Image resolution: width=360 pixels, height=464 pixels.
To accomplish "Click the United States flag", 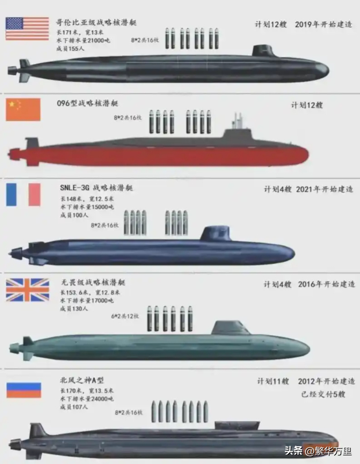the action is [x=27, y=29].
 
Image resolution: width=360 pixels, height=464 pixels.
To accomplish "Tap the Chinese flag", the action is [x=23, y=109].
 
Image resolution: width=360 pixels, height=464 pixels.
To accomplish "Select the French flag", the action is [x=23, y=194].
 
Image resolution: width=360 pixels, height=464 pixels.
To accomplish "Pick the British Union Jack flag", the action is [x=27, y=290].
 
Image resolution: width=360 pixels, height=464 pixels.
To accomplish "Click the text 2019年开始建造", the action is [x=324, y=25].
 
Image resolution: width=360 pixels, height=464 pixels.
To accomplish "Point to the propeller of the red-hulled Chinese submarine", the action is [x=13, y=154].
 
